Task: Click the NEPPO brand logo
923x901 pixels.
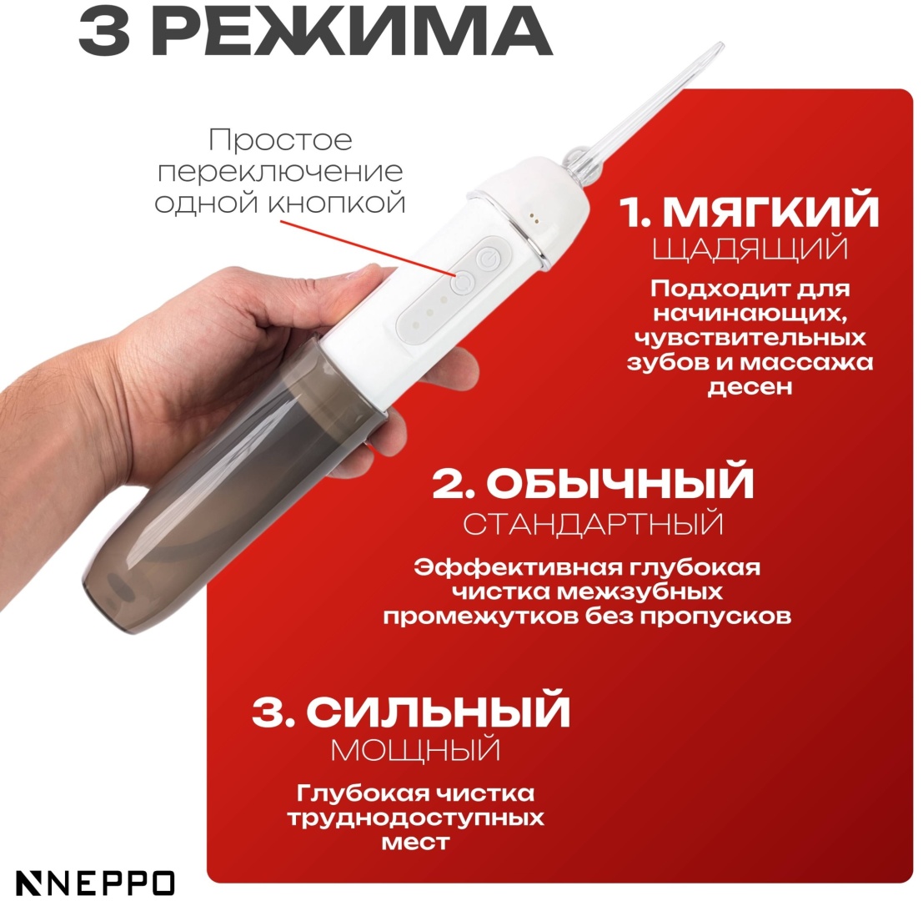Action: click(x=95, y=883)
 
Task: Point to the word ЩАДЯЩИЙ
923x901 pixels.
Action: click(x=750, y=249)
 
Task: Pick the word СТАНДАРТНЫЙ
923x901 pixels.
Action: click(x=593, y=524)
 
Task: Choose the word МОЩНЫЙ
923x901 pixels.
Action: click(x=415, y=751)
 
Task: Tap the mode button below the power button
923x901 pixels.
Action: click(x=463, y=283)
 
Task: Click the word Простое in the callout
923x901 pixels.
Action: click(x=281, y=140)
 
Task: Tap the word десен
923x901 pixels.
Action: click(x=750, y=387)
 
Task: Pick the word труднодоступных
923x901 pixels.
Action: click(x=415, y=818)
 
